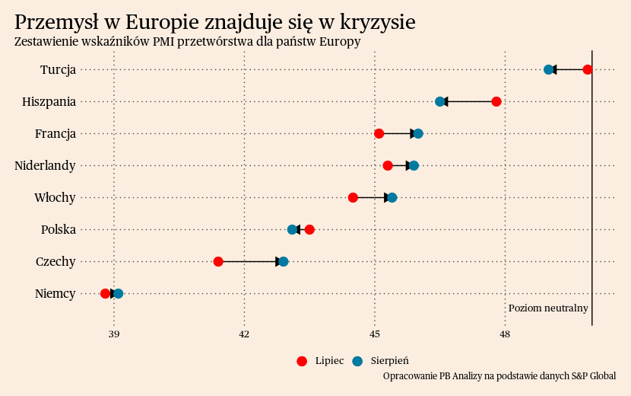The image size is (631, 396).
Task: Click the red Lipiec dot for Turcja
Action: [588, 70]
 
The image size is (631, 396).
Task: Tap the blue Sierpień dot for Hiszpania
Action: [440, 102]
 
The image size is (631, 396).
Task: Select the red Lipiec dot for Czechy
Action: [218, 262]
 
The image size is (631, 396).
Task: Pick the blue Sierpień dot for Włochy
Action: [392, 198]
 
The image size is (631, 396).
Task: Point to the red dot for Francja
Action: [379, 134]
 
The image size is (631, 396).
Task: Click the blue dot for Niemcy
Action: [118, 294]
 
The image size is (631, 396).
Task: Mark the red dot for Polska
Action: [309, 230]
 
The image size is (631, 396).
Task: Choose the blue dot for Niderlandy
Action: [414, 166]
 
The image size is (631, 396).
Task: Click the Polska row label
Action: [58, 230]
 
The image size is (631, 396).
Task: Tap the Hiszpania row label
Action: [49, 102]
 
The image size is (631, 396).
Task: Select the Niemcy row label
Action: [55, 294]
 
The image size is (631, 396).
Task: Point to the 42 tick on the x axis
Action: [244, 334]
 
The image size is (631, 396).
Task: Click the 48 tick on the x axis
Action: [506, 334]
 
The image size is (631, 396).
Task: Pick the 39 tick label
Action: [114, 334]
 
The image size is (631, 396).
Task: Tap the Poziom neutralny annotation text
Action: [548, 308]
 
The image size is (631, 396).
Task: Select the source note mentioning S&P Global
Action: [499, 376]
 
